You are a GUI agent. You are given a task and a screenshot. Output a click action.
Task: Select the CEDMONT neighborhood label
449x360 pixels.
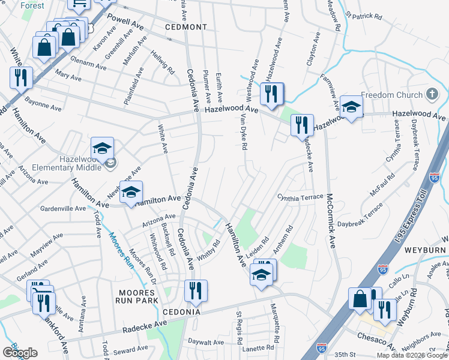186,28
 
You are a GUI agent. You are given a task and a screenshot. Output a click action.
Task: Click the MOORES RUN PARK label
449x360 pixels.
135,296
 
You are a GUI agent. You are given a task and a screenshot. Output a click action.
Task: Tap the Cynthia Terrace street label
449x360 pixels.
300,197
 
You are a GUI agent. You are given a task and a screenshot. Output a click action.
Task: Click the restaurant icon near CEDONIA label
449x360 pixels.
195,290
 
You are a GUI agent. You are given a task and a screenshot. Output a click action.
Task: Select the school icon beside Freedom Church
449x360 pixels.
352,107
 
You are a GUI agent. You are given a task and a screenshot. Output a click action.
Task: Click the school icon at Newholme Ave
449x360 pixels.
131,192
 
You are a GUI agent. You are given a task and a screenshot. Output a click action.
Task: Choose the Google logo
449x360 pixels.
20,353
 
